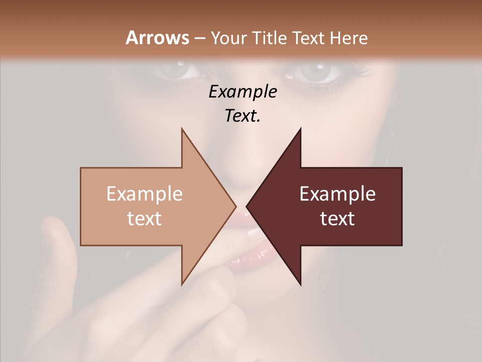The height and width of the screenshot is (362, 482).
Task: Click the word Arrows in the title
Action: point(157,38)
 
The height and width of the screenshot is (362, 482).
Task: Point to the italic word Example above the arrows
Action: point(243,92)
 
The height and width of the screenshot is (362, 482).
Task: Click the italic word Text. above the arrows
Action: point(243,116)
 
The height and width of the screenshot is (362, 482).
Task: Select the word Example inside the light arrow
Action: point(144,194)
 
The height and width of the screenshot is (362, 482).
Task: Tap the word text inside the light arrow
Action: point(144,218)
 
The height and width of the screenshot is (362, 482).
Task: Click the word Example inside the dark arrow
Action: point(337,194)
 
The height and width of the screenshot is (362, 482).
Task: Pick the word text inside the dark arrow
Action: point(337,218)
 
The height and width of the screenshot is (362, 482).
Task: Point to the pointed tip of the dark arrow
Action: point(248,206)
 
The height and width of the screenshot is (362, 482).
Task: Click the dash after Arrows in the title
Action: point(199,38)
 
